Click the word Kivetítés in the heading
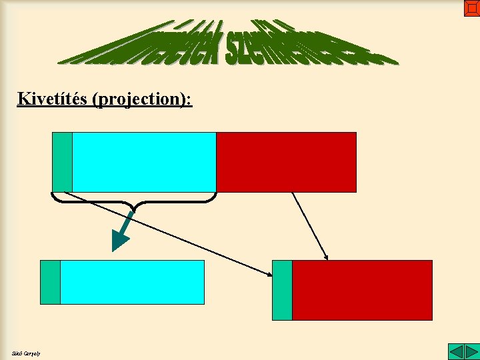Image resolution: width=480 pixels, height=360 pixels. (x=54, y=99)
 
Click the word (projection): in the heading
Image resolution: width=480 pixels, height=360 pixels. (x=143, y=99)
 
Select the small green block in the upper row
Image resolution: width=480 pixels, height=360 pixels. (x=62, y=162)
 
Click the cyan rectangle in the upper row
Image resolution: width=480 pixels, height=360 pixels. (x=144, y=162)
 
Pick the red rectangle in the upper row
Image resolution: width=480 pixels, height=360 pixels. (x=286, y=162)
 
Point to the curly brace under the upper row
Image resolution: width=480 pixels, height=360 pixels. (x=133, y=200)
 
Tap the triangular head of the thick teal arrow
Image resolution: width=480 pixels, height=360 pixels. (x=119, y=241)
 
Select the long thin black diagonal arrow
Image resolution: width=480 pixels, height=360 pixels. (x=167, y=233)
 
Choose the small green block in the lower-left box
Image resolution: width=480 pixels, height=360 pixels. (x=50, y=282)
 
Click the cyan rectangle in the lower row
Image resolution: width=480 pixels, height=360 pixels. (x=132, y=282)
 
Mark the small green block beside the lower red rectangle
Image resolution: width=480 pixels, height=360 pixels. (x=282, y=290)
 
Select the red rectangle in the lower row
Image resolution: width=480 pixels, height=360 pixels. (x=362, y=290)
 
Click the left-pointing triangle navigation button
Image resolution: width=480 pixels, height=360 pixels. (x=455, y=351)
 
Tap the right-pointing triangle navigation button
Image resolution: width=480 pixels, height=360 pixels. (x=471, y=351)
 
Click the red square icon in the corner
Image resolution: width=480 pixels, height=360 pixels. (x=471, y=8)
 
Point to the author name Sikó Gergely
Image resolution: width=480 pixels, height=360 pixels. (x=26, y=353)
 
